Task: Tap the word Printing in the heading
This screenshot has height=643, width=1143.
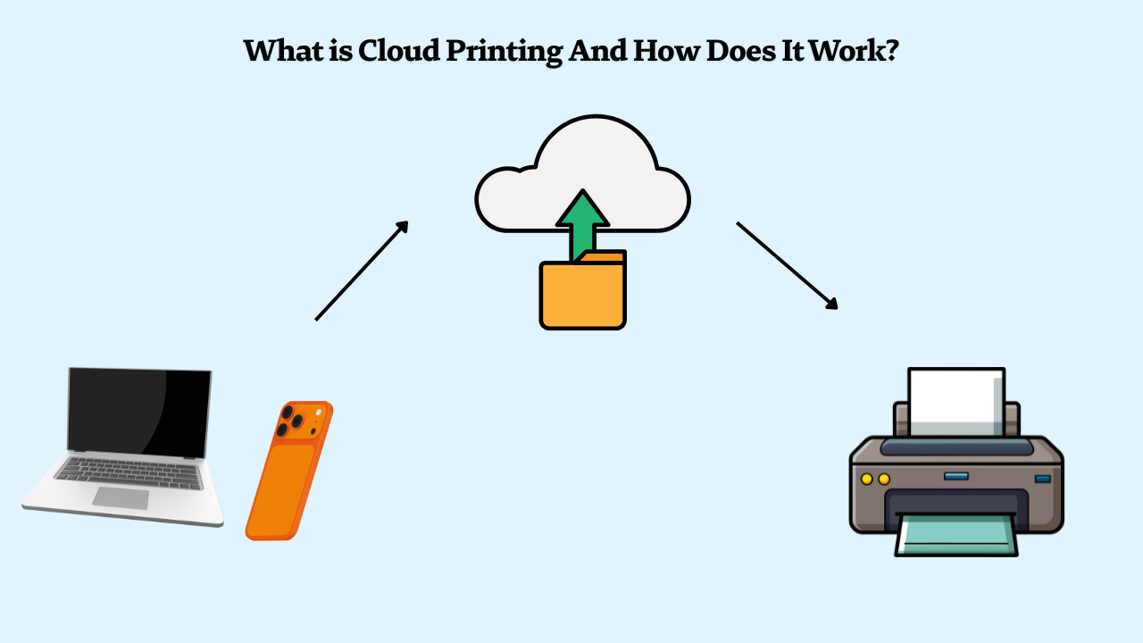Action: point(501,52)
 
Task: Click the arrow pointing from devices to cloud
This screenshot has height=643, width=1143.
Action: point(362,270)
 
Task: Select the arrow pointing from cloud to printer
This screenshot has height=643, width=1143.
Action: point(787,265)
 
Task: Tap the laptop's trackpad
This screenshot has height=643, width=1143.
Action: point(120,498)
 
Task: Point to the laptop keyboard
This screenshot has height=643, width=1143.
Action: point(129,472)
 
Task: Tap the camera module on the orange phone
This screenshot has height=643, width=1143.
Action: point(294,421)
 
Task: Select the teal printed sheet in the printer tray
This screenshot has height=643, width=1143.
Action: point(955,536)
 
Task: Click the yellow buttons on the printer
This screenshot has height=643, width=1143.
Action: point(875,480)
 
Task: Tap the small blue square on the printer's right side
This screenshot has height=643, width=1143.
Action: point(1042,480)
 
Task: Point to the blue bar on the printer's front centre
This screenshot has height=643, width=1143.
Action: point(955,476)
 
